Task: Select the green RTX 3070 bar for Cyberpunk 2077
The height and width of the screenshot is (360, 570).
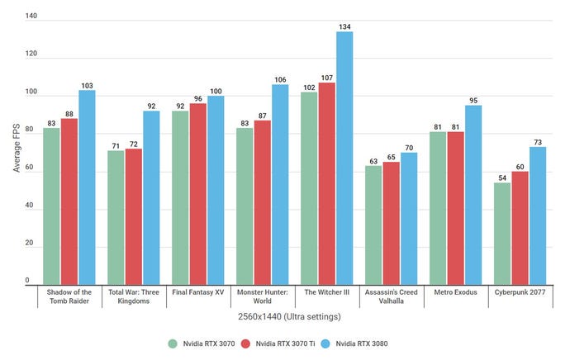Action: [x=502, y=234]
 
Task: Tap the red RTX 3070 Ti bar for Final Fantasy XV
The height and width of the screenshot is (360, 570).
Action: [x=197, y=195]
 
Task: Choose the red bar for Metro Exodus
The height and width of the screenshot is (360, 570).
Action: [x=455, y=210]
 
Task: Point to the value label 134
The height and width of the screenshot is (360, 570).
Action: [x=344, y=27]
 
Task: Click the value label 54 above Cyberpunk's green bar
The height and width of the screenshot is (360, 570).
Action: [x=502, y=177]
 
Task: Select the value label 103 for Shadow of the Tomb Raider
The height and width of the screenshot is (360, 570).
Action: [x=88, y=85]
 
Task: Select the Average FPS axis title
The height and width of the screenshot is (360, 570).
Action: [x=16, y=149]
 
